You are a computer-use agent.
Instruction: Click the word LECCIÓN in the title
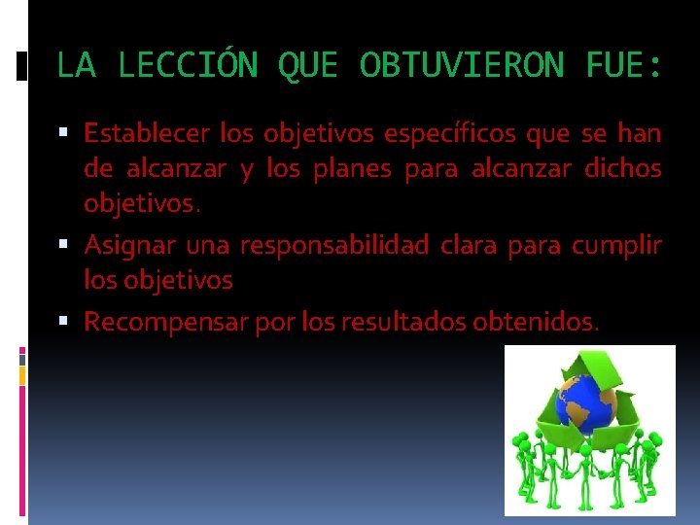click(187, 66)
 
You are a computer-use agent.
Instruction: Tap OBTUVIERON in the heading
click(461, 66)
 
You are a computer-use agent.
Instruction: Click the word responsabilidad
click(333, 244)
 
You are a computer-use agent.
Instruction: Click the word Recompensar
click(165, 321)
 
